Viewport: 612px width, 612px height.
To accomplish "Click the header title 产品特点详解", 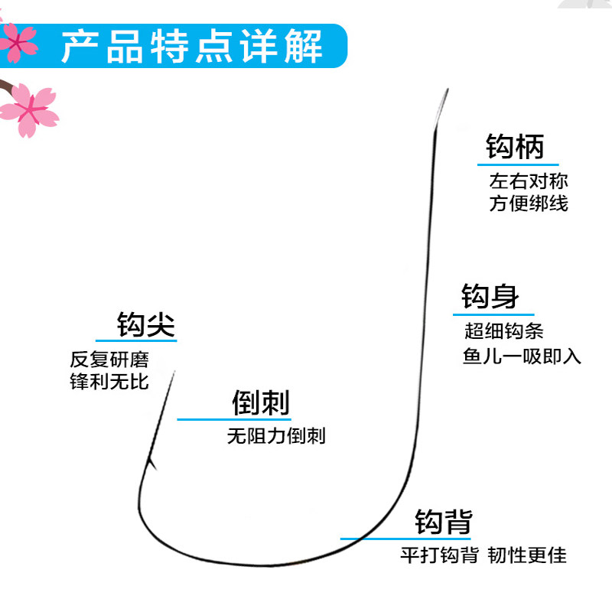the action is click(x=192, y=47).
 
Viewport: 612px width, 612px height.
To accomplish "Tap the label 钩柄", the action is click(x=515, y=146).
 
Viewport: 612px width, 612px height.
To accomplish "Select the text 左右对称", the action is click(x=529, y=181).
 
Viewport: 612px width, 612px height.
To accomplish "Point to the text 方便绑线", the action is click(x=529, y=203).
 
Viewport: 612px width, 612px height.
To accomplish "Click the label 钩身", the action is click(x=490, y=296).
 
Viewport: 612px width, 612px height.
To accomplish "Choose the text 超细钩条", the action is click(x=504, y=331).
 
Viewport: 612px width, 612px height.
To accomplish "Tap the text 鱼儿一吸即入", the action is click(x=522, y=356).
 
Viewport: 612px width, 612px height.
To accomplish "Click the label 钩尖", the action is click(x=145, y=324).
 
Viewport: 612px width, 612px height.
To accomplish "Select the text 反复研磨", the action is click(x=109, y=359).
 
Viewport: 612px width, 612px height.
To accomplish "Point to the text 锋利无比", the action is click(x=109, y=381).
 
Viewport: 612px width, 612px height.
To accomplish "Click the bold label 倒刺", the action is click(x=261, y=402).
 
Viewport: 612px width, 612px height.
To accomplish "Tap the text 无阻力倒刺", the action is click(x=276, y=435).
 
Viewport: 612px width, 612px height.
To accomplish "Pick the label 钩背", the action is click(x=444, y=522).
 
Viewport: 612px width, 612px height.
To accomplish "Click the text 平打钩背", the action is click(x=439, y=555).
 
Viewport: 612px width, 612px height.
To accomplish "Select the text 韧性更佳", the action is click(x=527, y=555).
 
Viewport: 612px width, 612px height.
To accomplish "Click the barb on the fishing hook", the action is click(x=151, y=463).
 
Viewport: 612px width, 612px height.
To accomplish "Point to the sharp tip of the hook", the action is click(x=174, y=372).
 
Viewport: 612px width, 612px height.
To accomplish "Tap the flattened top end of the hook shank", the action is click(x=441, y=106).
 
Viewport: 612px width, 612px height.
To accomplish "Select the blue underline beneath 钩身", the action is click(x=493, y=314).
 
